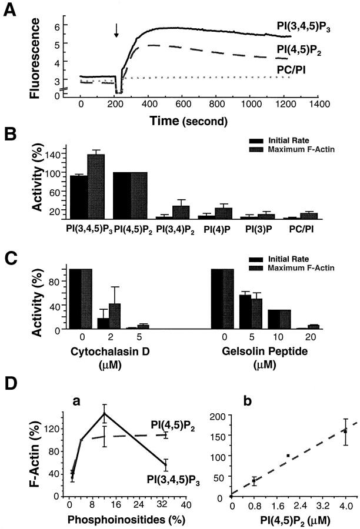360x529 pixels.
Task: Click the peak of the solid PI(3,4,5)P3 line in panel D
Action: pos(104,413)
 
